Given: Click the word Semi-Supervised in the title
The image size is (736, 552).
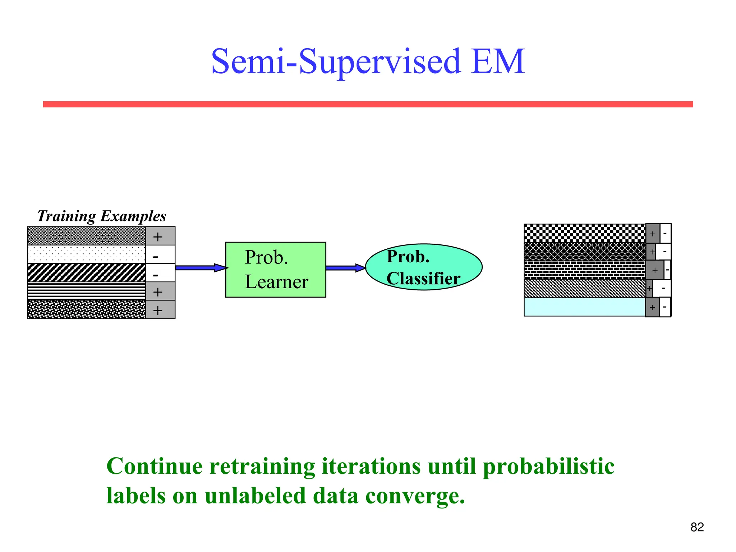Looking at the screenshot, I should point(336,62).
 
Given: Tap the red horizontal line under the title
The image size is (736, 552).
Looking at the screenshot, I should point(368,104).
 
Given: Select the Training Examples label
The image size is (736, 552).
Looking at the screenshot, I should point(102,216).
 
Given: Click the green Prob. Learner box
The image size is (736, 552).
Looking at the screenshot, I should point(276,270).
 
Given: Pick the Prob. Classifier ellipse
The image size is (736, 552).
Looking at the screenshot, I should point(424,267).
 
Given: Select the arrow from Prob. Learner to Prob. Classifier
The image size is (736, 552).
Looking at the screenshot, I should point(345,268).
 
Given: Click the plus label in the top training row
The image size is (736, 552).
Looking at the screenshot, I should point(158,236).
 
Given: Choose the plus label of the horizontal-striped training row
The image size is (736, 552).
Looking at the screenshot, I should point(158,292).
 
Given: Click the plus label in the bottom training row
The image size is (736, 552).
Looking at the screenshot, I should point(158,310).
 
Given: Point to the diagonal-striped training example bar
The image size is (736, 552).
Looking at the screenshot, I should point(87,273).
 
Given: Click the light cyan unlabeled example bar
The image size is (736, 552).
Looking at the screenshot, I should point(585,307).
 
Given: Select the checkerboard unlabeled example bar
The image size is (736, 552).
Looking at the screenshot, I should point(585,233).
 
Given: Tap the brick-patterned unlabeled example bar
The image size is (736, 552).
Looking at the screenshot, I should point(585,270).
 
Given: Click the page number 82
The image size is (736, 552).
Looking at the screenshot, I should point(697,527).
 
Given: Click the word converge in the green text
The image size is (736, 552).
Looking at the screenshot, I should point(415,496).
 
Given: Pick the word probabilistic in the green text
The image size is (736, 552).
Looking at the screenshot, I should point(548,466).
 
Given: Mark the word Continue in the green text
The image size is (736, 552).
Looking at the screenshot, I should point(155,466).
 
